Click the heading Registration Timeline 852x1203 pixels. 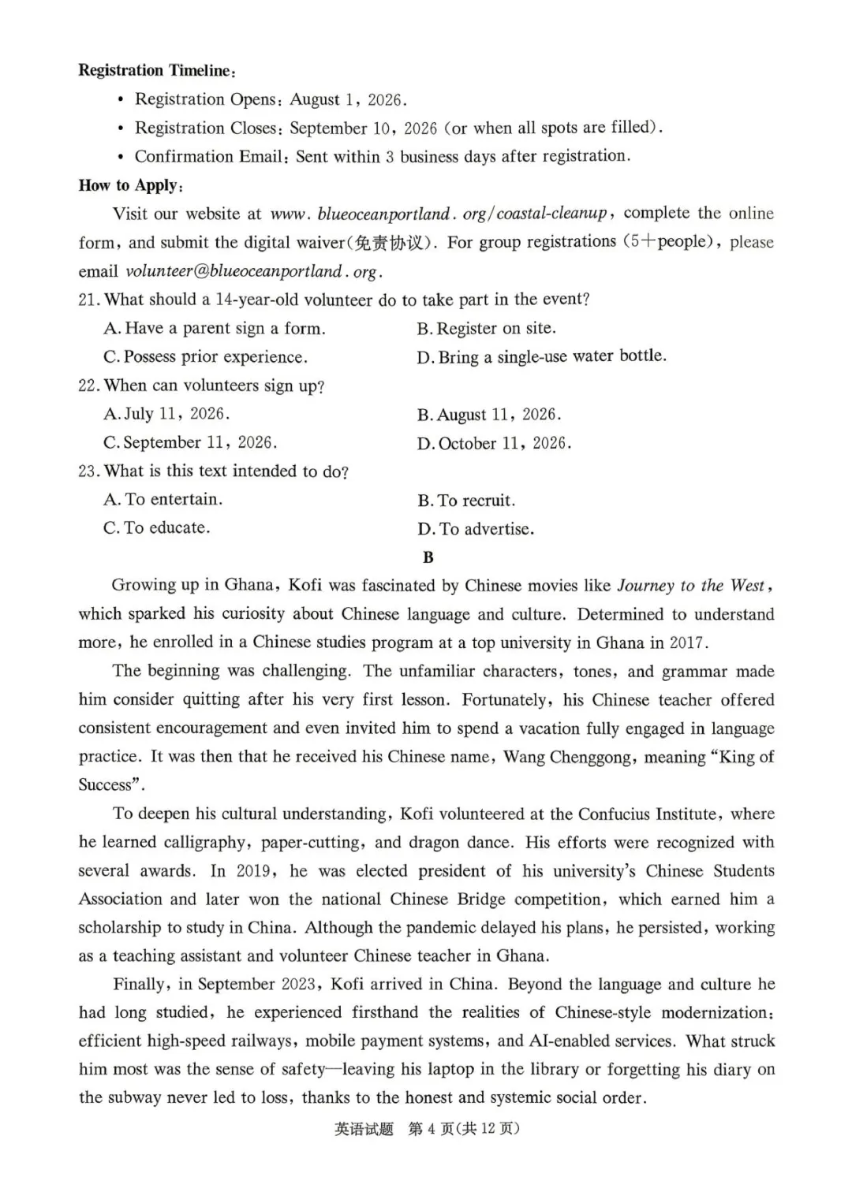click(155, 71)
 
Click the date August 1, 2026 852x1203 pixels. click(348, 100)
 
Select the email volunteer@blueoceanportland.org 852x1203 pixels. click(254, 272)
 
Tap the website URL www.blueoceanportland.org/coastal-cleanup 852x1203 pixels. click(439, 214)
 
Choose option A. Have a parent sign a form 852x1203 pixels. click(214, 329)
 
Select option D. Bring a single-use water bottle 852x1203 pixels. click(541, 357)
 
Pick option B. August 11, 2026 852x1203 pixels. click(489, 415)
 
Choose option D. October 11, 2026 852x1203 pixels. click(494, 444)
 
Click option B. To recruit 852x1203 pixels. click(466, 501)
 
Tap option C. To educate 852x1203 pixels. click(156, 528)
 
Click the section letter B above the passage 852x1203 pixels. click(428, 557)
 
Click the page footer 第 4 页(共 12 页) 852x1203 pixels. click(464, 1129)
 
